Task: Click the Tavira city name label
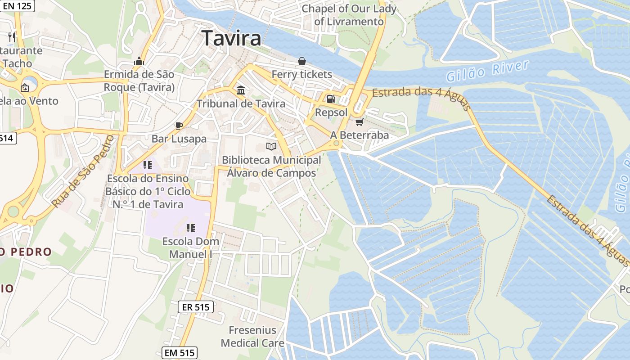pos(231,38)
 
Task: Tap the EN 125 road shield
pos(17,6)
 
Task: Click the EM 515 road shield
pos(180,353)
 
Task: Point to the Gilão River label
pos(487,71)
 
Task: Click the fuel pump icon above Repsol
pos(331,99)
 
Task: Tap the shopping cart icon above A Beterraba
pos(359,122)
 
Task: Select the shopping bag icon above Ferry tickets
pos(301,61)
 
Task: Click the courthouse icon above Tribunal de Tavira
pos(241,90)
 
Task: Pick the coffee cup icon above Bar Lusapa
pos(179,125)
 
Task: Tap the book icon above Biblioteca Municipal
pos(271,146)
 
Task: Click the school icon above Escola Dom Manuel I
pos(191,228)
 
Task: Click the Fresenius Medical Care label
pos(252,337)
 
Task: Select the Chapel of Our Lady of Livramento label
pos(349,15)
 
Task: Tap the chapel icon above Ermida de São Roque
pos(139,61)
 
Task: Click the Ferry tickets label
pos(301,74)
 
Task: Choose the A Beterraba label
pos(359,135)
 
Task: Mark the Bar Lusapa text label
pos(179,139)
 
